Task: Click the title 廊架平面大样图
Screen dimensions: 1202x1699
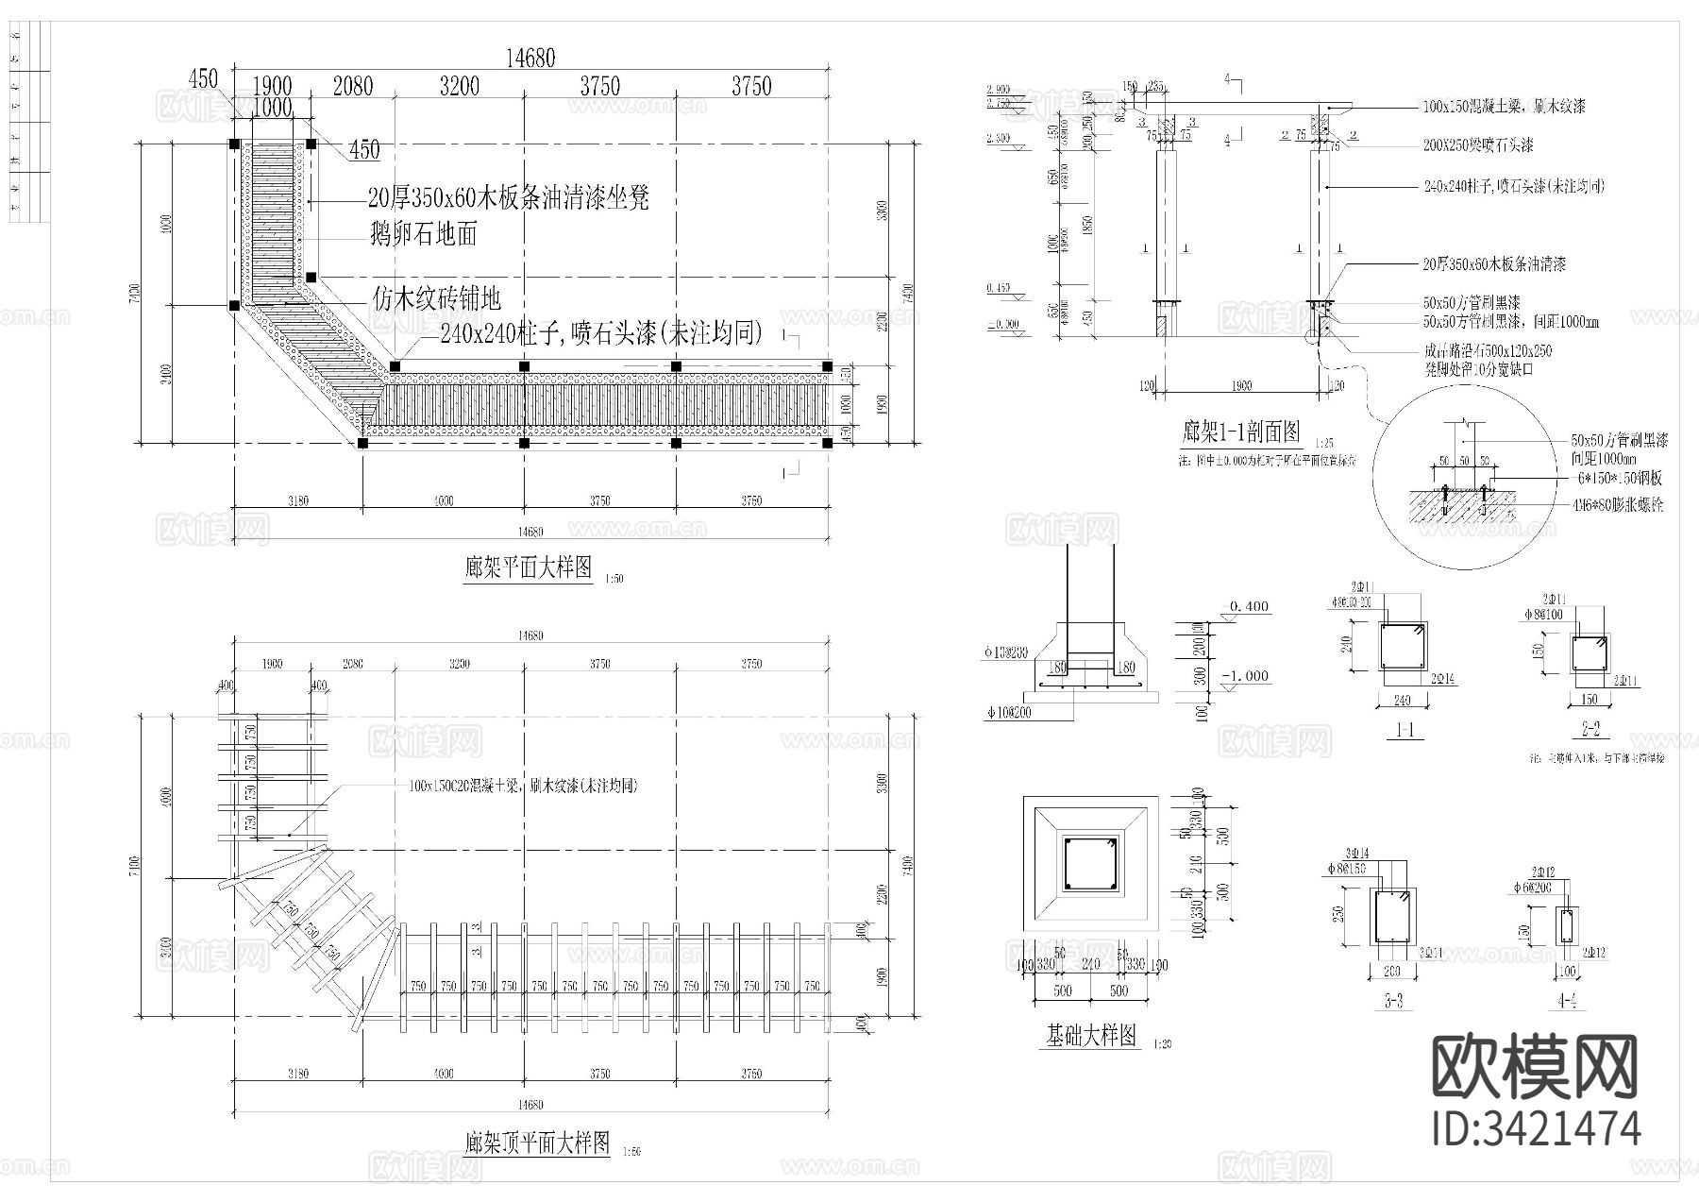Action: tap(528, 567)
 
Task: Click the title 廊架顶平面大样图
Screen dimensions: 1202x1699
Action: tap(537, 1143)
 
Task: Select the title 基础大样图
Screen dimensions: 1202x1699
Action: tap(1090, 1036)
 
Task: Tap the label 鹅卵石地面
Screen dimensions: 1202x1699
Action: tap(424, 234)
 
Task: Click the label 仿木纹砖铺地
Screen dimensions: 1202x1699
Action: tap(435, 299)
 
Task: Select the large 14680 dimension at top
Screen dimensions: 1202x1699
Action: tap(530, 58)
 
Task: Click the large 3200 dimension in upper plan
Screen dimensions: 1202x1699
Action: tap(459, 87)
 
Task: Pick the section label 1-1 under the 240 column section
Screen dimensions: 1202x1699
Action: tap(1404, 729)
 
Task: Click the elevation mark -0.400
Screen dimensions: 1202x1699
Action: tap(1246, 606)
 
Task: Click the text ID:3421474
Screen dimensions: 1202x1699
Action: tap(1536, 1128)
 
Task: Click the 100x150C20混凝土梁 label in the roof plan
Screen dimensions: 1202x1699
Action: tap(523, 786)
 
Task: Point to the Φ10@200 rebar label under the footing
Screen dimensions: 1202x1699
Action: tap(1009, 713)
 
